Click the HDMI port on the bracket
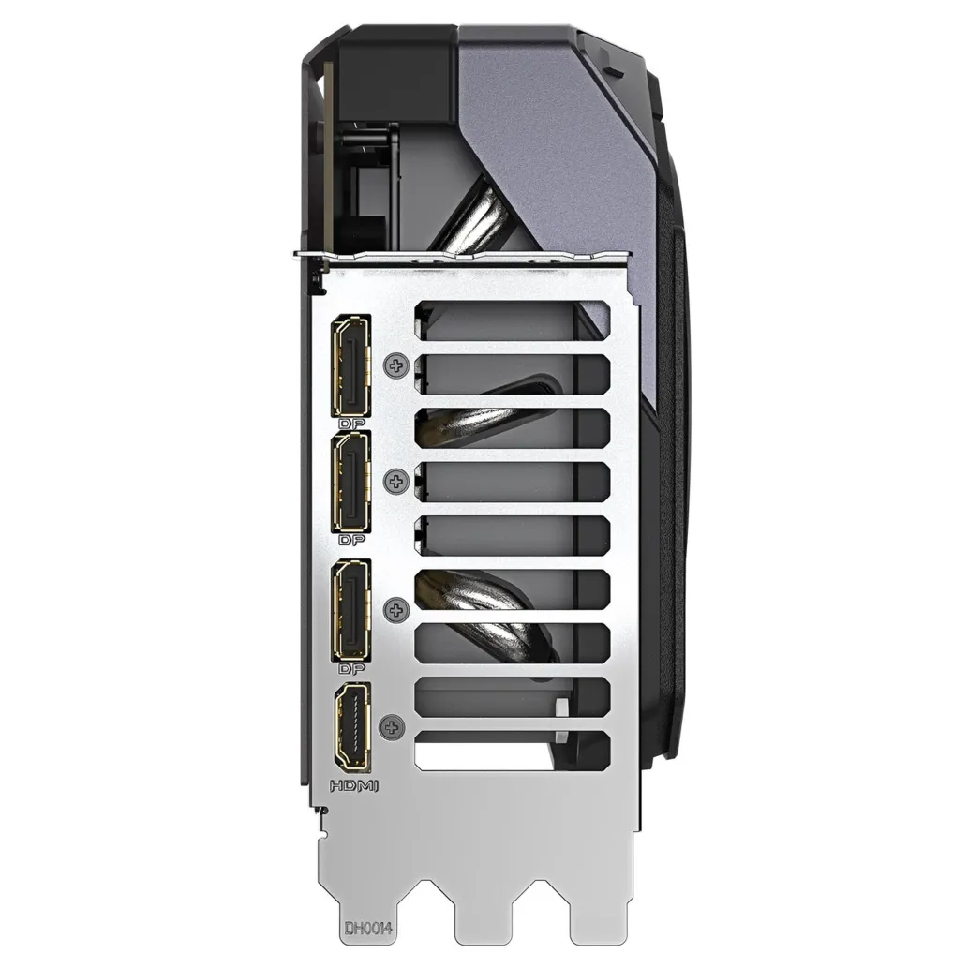coord(352,726)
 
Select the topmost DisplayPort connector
coord(351,365)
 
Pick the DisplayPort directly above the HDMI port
coord(351,611)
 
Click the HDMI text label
coord(353,786)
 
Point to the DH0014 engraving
coord(368,928)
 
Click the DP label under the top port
coord(352,424)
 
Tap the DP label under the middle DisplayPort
coord(352,540)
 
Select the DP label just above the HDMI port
coord(352,668)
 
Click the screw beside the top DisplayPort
coord(396,365)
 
